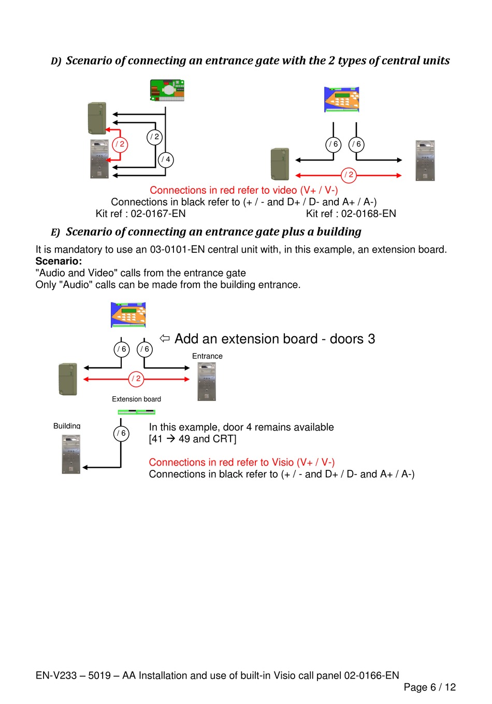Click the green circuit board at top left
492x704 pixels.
tap(167, 90)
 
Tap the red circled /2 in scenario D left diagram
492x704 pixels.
tap(120, 144)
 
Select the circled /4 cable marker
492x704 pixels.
tap(166, 160)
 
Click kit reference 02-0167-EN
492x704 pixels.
tap(140, 213)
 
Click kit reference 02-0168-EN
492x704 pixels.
tap(351, 213)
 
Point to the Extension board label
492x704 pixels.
tap(136, 399)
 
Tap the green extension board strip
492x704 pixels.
tap(136, 412)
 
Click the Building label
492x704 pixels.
tap(67, 426)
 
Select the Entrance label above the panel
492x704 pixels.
tap(207, 356)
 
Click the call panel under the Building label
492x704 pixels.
tap(71, 454)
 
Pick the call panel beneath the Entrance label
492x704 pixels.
tap(207, 382)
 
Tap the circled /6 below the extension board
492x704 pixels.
tap(121, 433)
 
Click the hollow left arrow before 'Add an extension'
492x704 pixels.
tap(165, 338)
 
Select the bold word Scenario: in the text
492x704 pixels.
tap(59, 261)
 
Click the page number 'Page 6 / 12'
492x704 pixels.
tap(429, 687)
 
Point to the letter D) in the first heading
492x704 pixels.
tap(56, 61)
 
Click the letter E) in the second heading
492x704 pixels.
tap(55, 233)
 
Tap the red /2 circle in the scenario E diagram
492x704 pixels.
tap(136, 379)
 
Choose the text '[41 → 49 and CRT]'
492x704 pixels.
tap(192, 439)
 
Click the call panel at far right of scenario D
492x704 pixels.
tap(425, 161)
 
